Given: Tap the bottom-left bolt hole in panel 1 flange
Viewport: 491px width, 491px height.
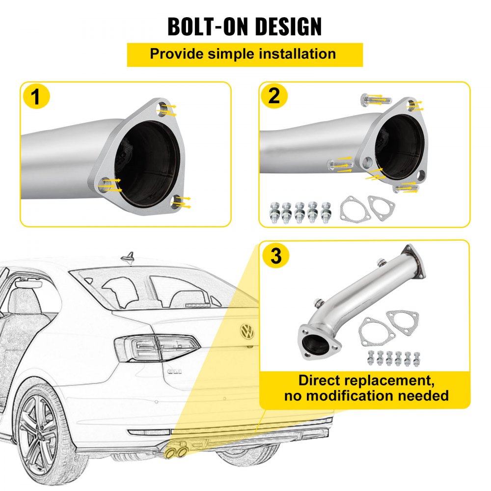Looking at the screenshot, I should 103,185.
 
